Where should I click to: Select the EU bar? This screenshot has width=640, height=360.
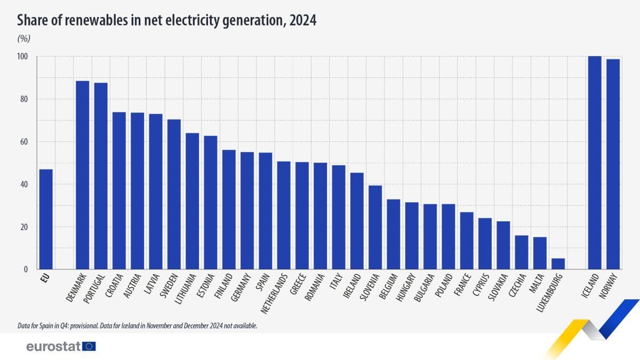click(x=46, y=219)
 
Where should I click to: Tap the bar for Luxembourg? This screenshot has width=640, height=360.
click(x=558, y=264)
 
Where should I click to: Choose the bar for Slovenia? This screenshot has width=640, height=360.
click(x=375, y=227)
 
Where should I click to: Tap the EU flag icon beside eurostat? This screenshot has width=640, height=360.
click(x=89, y=347)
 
